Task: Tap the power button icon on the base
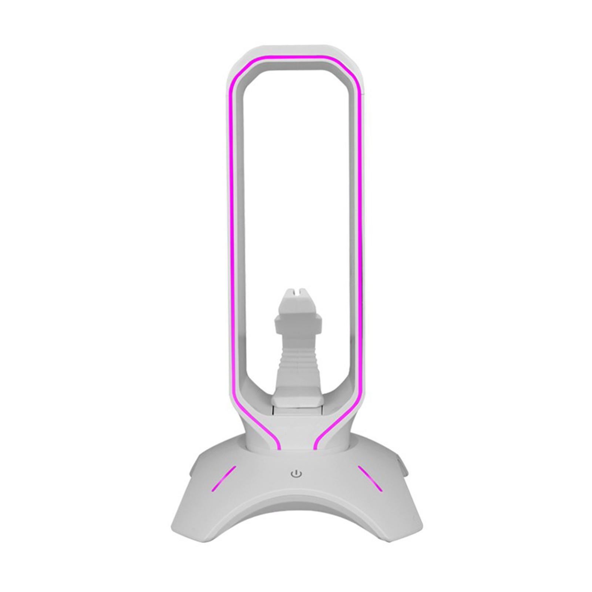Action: click(x=296, y=473)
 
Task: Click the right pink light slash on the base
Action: click(x=370, y=478)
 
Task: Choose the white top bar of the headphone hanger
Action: click(x=296, y=50)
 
